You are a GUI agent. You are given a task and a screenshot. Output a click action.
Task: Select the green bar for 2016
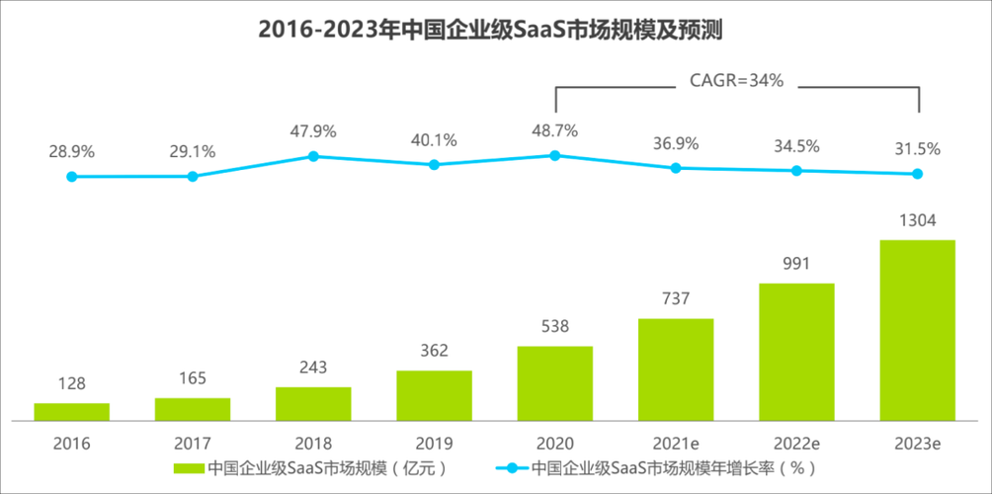click(x=71, y=412)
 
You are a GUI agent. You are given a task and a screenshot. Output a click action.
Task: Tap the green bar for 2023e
click(x=917, y=330)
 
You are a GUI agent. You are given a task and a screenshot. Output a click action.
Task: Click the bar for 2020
click(x=554, y=383)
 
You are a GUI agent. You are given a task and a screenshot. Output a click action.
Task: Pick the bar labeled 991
click(x=796, y=352)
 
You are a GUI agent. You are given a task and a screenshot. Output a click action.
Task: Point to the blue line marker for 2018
click(x=313, y=156)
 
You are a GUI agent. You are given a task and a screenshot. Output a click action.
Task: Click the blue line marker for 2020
click(x=554, y=155)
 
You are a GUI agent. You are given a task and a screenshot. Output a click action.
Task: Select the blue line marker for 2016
click(x=71, y=177)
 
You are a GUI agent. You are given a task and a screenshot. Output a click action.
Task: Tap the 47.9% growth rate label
click(x=313, y=130)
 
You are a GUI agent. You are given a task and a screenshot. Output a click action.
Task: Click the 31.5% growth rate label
click(x=917, y=149)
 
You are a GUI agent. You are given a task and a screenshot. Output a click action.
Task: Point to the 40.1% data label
click(x=434, y=140)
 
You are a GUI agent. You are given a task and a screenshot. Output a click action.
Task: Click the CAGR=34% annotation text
click(x=736, y=82)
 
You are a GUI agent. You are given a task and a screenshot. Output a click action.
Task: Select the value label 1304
click(x=917, y=220)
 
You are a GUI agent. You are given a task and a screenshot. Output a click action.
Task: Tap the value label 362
click(x=434, y=351)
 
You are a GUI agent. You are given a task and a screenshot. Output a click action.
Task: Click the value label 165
click(x=193, y=378)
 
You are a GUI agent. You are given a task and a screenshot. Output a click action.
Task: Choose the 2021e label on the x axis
click(x=676, y=444)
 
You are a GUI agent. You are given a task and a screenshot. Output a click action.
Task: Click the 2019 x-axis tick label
click(x=434, y=444)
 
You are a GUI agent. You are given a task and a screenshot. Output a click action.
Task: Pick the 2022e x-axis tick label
click(x=796, y=444)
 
